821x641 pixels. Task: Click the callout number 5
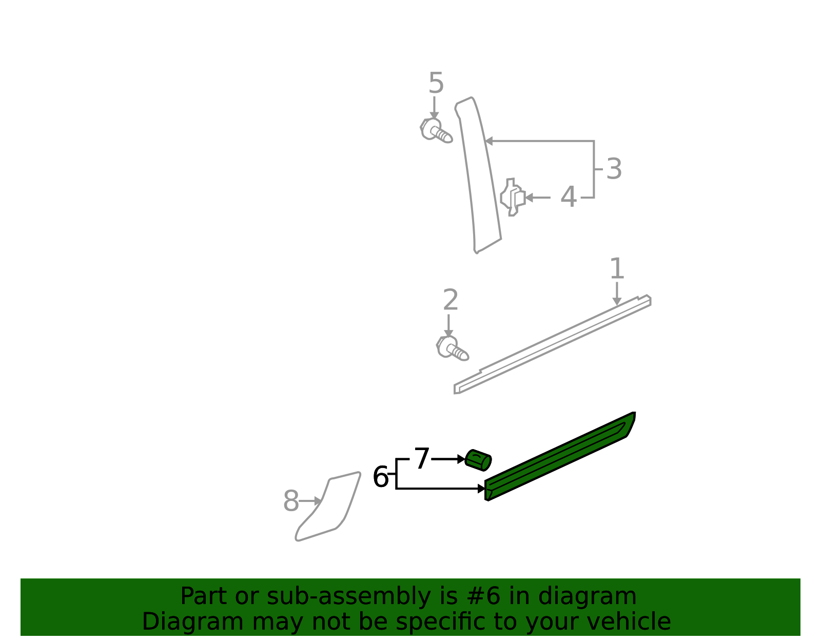pos(436,83)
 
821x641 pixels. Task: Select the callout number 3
pos(614,169)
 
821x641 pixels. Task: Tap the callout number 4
pos(568,197)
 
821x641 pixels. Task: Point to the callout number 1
pos(617,268)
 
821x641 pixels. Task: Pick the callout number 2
pos(451,300)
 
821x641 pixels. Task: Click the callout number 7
pos(422,459)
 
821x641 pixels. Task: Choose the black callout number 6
pos(380,477)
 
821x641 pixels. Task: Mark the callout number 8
pos(291,501)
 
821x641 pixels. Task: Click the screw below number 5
pos(436,131)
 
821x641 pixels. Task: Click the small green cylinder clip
pos(478,460)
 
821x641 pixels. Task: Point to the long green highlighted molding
pos(559,457)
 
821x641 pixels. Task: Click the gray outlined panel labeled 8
pos(328,507)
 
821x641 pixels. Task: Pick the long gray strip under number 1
pos(552,345)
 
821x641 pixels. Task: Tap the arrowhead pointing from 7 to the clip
pos(461,459)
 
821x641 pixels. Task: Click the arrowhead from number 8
pos(318,501)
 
